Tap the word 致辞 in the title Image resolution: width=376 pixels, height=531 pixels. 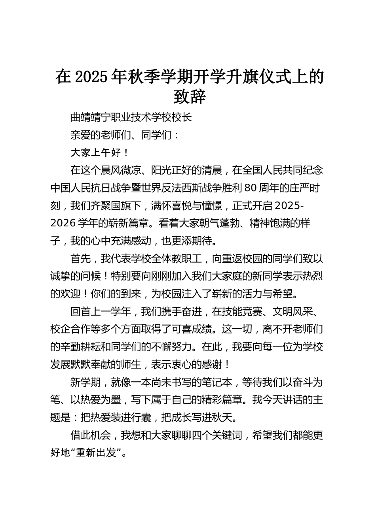pyautogui.click(x=190, y=97)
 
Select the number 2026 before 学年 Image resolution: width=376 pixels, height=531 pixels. pyautogui.click(x=63, y=223)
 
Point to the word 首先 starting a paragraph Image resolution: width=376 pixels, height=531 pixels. pyautogui.click(x=80, y=259)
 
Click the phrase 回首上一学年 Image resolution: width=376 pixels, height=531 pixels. pyautogui.click(x=101, y=312)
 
